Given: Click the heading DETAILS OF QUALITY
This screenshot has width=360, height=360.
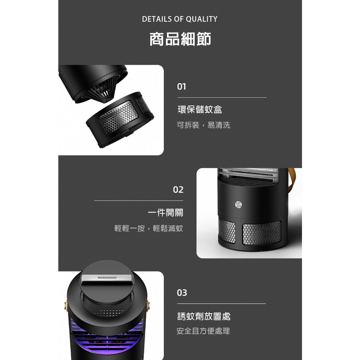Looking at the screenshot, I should [180, 19].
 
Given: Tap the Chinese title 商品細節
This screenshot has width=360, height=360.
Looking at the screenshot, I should [180, 39].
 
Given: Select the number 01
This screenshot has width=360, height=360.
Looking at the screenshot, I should [181, 86].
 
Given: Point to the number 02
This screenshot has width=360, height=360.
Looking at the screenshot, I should [178, 190].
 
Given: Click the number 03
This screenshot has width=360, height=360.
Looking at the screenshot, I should [182, 293].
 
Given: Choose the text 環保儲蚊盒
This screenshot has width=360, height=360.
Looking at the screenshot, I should [200, 110].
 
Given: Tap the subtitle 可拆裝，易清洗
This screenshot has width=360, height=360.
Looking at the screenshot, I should [203, 125].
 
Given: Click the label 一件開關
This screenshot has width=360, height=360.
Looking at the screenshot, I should [165, 213].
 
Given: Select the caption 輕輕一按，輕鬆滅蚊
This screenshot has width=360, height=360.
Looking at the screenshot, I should [149, 229].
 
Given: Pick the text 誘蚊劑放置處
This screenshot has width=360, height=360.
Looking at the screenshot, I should [204, 316].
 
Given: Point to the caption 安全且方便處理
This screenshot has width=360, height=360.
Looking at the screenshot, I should [203, 331].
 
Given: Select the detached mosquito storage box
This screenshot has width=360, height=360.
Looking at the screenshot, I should [120, 120].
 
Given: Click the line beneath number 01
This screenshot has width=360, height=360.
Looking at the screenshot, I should [221, 97].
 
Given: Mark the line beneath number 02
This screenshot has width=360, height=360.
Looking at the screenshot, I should [139, 201].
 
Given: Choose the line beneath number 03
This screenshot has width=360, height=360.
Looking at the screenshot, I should [221, 303].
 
